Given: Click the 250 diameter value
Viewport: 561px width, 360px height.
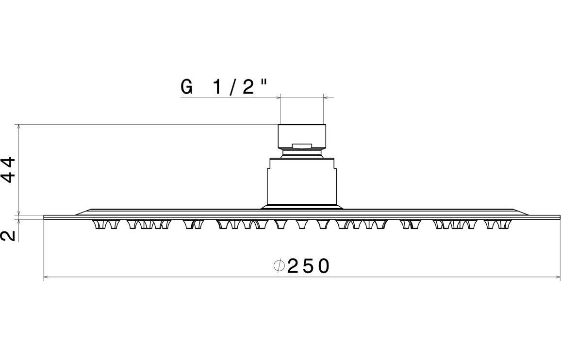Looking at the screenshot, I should click(x=309, y=266).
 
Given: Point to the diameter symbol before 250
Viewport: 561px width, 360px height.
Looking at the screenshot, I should click(x=278, y=266).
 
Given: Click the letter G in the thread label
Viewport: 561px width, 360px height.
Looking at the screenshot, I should click(x=186, y=87).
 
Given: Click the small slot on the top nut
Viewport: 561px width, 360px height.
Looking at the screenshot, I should click(x=302, y=145).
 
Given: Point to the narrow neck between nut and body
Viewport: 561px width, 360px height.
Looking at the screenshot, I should click(x=302, y=154).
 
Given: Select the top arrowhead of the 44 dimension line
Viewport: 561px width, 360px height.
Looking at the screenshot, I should click(x=19, y=127).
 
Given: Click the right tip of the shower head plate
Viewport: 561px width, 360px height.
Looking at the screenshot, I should click(x=560, y=217).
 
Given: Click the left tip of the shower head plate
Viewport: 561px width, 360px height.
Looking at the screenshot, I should click(x=45, y=217).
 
